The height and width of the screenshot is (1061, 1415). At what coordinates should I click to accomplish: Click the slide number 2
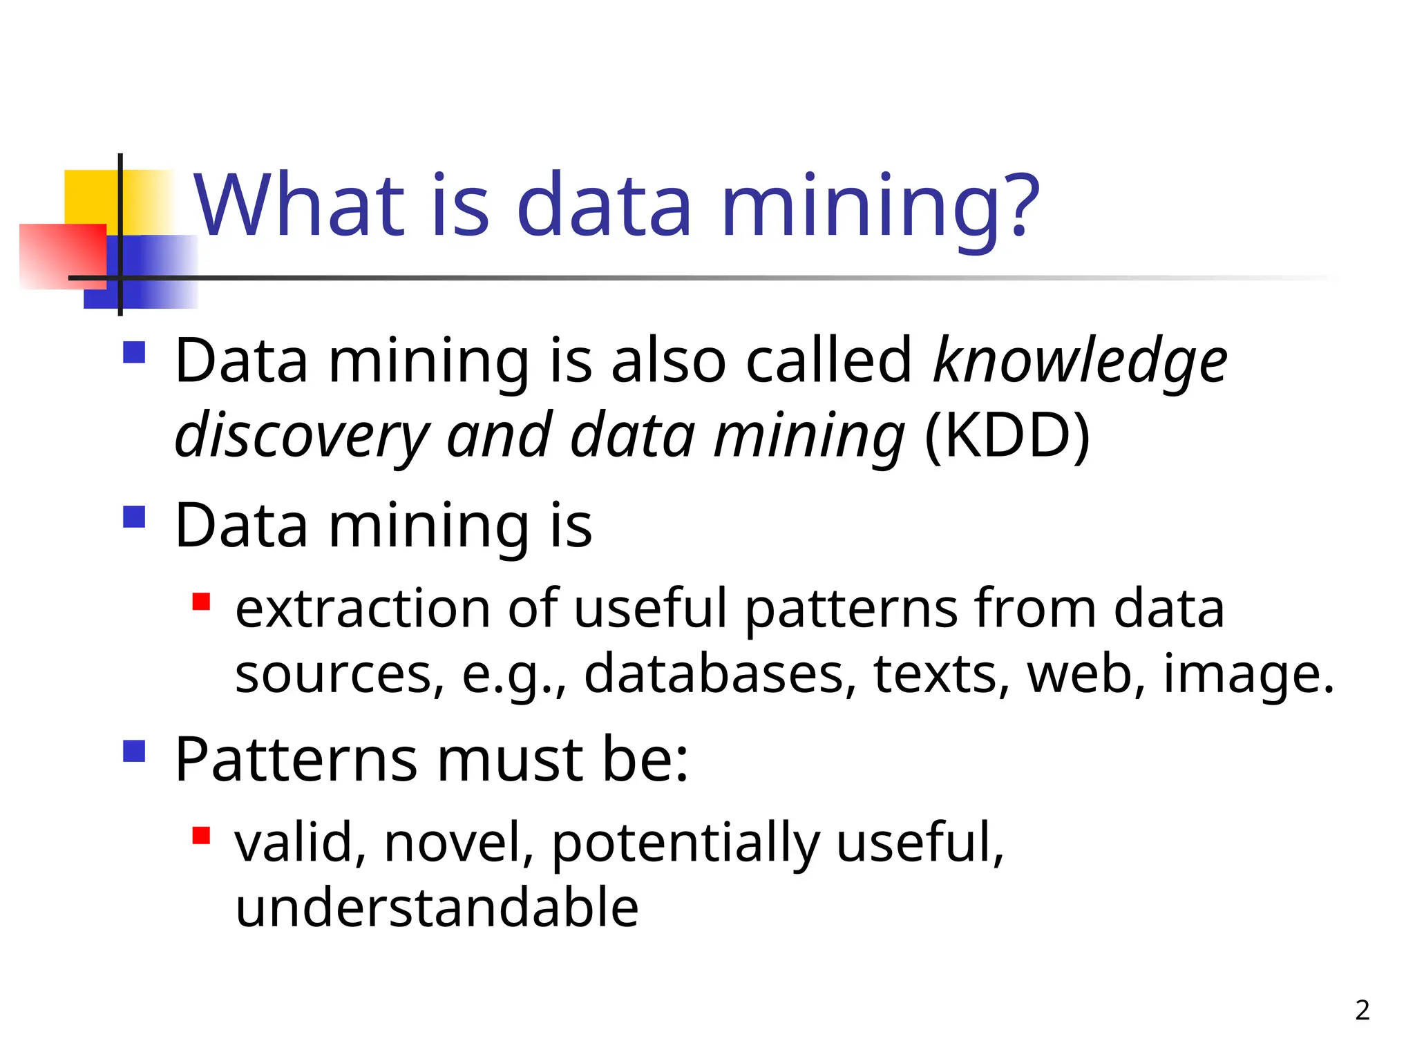click(1362, 1010)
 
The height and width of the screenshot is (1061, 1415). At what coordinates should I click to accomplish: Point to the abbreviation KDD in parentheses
click(1007, 435)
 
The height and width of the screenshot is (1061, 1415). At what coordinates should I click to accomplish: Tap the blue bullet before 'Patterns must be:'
click(134, 751)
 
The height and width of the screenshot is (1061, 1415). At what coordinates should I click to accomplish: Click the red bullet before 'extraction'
click(201, 602)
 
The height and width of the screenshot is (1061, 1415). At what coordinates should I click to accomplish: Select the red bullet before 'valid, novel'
click(201, 836)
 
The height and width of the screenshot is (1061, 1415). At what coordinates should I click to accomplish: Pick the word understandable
click(437, 906)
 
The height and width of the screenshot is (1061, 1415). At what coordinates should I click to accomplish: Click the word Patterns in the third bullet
click(296, 759)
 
